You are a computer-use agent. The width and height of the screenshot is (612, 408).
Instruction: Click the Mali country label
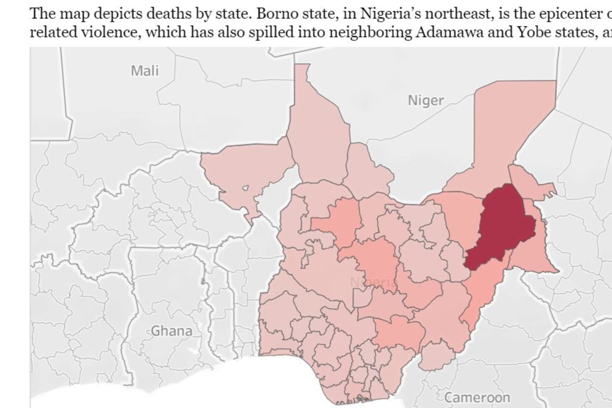click(x=145, y=71)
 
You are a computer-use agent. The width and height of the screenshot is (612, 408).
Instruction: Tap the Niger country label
click(x=426, y=101)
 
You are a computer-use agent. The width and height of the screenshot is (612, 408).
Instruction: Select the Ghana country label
click(x=171, y=331)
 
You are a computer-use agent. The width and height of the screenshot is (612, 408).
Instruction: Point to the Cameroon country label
click(x=477, y=398)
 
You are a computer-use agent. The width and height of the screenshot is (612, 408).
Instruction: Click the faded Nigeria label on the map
click(x=373, y=282)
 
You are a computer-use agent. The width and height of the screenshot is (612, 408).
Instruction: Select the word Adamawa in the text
click(x=449, y=32)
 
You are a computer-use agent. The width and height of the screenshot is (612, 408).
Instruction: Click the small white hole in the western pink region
click(x=245, y=188)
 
